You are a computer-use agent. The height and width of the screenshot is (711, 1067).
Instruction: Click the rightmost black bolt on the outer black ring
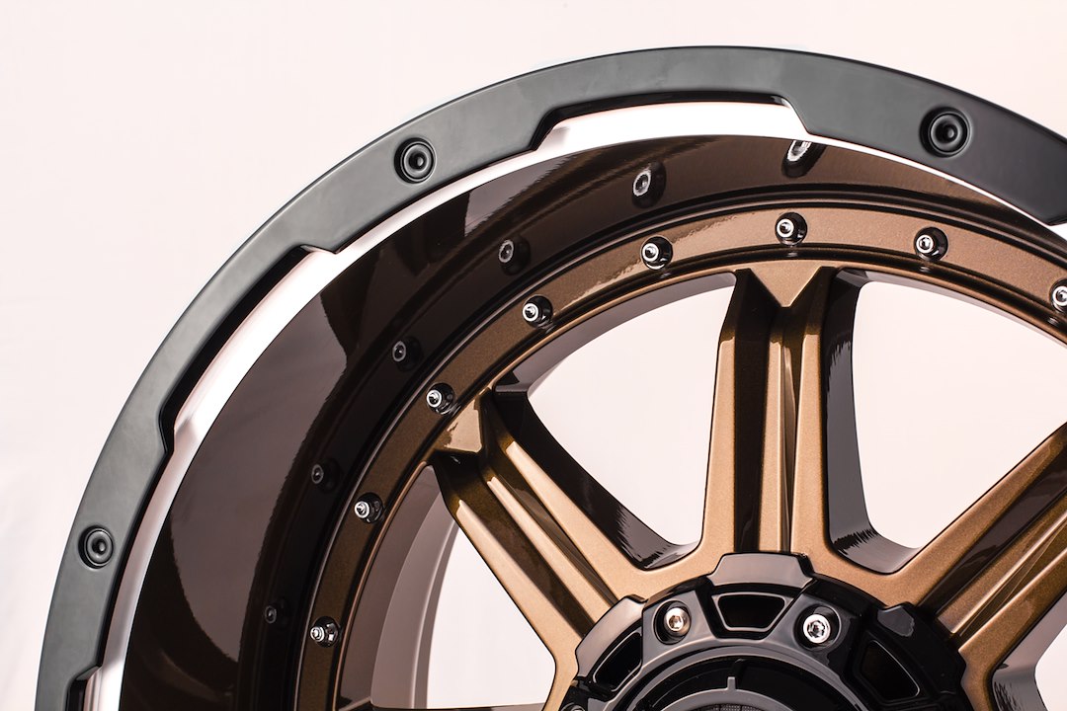tap(945, 130)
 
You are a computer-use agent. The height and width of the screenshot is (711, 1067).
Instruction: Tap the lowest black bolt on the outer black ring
tap(97, 545)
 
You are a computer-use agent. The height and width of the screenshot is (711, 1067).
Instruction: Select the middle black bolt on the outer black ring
tap(415, 160)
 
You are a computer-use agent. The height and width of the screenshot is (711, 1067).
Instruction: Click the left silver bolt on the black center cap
tap(676, 620)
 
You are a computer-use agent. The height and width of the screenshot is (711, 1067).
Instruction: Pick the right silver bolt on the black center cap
tap(816, 626)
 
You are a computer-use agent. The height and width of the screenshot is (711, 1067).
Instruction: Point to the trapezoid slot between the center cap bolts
tap(745, 611)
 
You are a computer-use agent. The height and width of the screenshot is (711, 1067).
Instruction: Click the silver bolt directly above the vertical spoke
tap(789, 228)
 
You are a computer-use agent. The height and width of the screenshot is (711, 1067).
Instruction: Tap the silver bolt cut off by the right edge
tap(1059, 294)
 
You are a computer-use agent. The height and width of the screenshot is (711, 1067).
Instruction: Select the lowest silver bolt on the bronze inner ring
tap(322, 631)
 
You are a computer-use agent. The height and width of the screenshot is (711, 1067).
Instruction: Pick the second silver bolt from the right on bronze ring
tap(928, 243)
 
